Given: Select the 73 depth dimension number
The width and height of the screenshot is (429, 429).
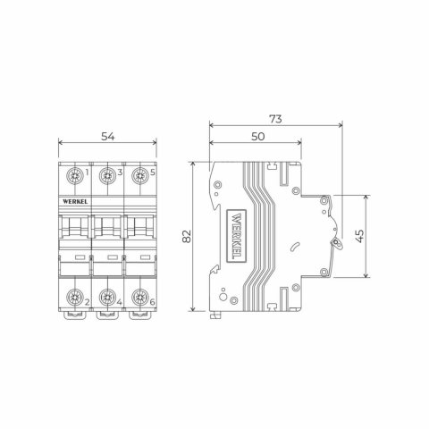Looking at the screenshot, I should pos(274,118).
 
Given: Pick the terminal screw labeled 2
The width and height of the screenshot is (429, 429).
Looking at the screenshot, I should pos(73,296).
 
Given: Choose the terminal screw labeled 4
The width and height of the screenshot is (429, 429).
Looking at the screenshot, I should pos(106,296).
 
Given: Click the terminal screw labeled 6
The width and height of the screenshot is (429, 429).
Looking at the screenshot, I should pos(139,296).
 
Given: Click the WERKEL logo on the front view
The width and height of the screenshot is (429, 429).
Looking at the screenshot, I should pos(73,203).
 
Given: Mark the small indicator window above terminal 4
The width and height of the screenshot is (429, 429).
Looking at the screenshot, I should pos(106,257).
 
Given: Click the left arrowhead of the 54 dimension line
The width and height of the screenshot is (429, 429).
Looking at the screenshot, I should pos(60,144).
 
